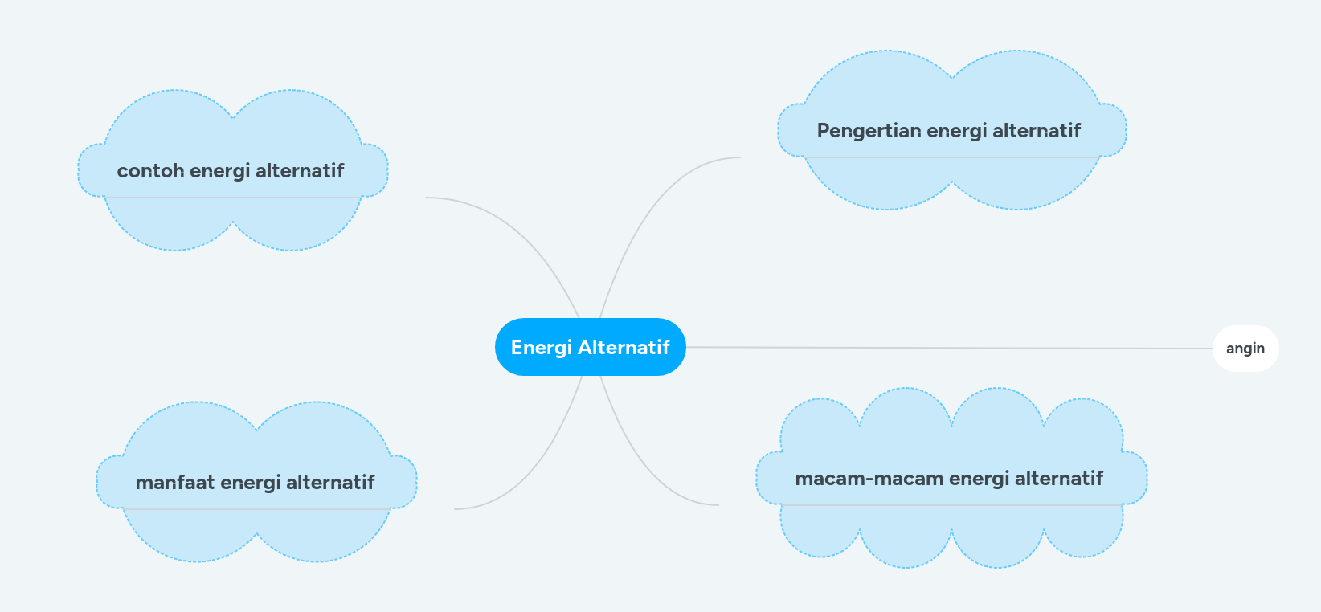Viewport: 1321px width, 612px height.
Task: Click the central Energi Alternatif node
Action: [591, 347]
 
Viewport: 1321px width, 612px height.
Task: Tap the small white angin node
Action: [1245, 349]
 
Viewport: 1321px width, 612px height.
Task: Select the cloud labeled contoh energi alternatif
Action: [233, 170]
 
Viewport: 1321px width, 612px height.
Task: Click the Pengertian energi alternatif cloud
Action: [952, 130]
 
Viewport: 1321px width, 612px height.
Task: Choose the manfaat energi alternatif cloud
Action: [256, 482]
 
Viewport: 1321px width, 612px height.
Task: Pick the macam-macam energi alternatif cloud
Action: [951, 478]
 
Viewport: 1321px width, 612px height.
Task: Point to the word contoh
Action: [150, 170]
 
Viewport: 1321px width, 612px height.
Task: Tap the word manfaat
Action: [174, 482]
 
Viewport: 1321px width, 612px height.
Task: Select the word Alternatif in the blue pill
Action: [624, 347]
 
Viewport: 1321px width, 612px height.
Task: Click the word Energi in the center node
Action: [541, 348]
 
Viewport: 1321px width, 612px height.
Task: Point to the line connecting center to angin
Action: [949, 348]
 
